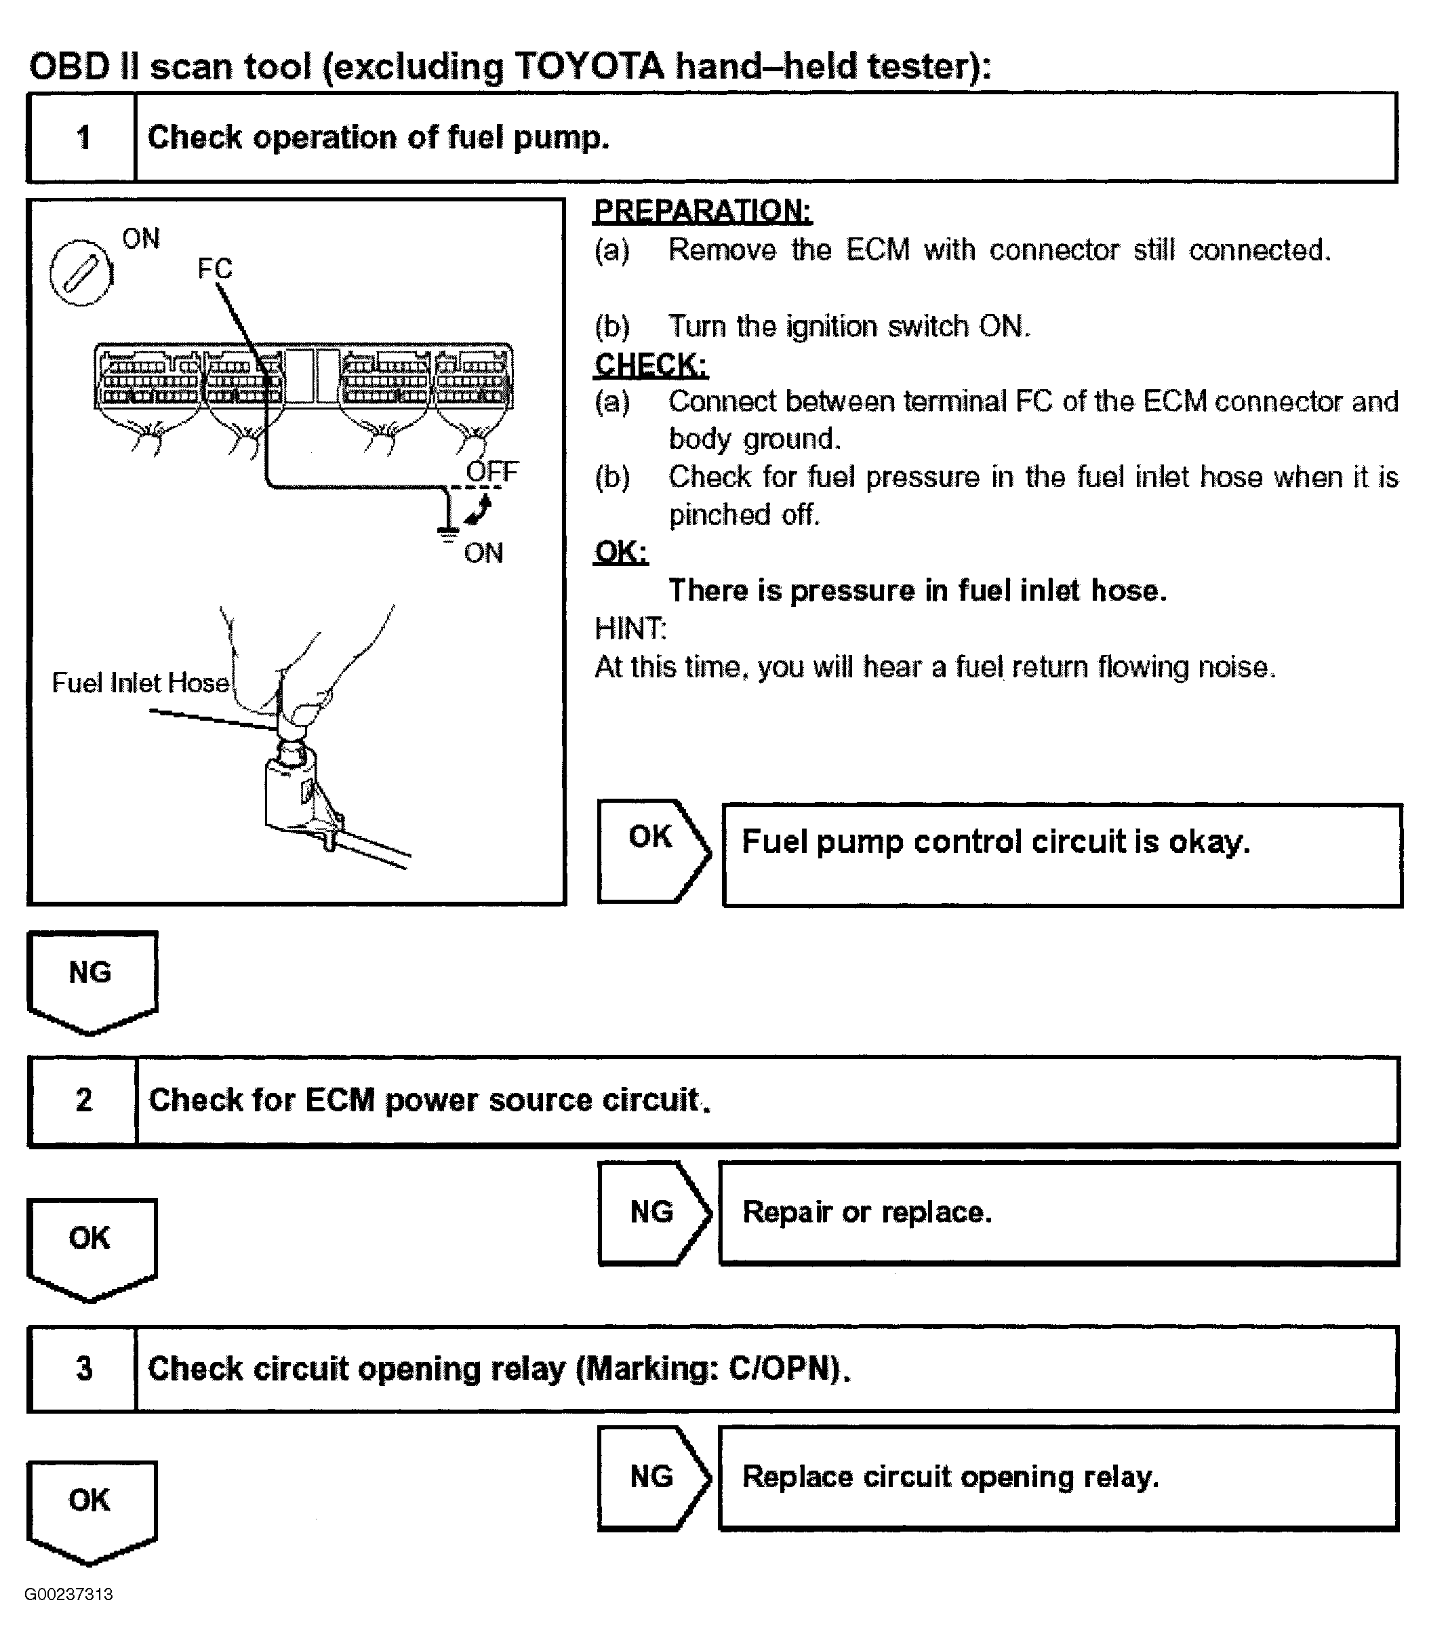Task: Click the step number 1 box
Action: pyautogui.click(x=82, y=137)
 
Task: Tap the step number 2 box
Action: pyautogui.click(x=84, y=1100)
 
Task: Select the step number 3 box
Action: pyautogui.click(x=84, y=1369)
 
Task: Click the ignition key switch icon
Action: pyautogui.click(x=81, y=273)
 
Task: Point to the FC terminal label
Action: pyautogui.click(x=214, y=268)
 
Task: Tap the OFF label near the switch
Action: pyautogui.click(x=492, y=471)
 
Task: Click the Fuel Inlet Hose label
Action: pyautogui.click(x=140, y=683)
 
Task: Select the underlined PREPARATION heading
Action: pyautogui.click(x=702, y=211)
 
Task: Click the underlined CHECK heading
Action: pyautogui.click(x=651, y=365)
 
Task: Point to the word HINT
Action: pyautogui.click(x=630, y=629)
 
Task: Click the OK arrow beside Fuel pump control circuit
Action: pyautogui.click(x=652, y=850)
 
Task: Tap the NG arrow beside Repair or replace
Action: pyautogui.click(x=652, y=1212)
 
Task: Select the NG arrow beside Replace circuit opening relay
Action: pyautogui.click(x=652, y=1477)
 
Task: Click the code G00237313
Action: pyautogui.click(x=68, y=1594)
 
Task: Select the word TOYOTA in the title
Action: pyautogui.click(x=589, y=66)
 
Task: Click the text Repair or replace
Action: pyautogui.click(x=867, y=1212)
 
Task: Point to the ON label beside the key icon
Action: pyautogui.click(x=141, y=239)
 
